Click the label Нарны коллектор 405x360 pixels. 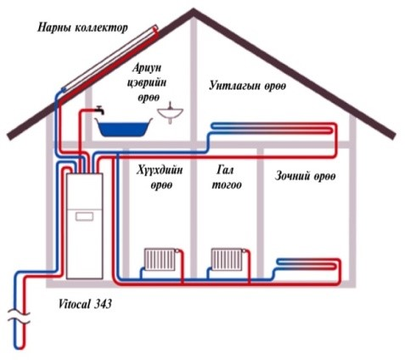pos(82,28)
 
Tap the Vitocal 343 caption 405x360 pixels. pos(85,304)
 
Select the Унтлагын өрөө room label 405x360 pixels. pos(248,86)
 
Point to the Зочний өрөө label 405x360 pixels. pos(306,176)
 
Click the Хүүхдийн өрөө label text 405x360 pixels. pos(160,177)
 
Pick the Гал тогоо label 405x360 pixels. pos(227,177)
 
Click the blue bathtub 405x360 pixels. pos(123,127)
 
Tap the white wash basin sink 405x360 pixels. pos(170,113)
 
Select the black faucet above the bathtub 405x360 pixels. pos(99,110)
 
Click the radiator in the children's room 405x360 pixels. pos(160,260)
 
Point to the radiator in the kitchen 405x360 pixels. pos(227,260)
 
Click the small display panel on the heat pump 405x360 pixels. pos(84,217)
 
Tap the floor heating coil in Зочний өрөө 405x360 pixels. pos(308,264)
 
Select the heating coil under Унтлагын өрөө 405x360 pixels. pos(273,127)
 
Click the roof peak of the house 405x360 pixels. pos(194,10)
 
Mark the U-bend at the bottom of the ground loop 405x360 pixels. pos(19,347)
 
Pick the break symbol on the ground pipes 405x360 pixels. pos(19,317)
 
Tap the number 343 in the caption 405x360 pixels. pos(103,304)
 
